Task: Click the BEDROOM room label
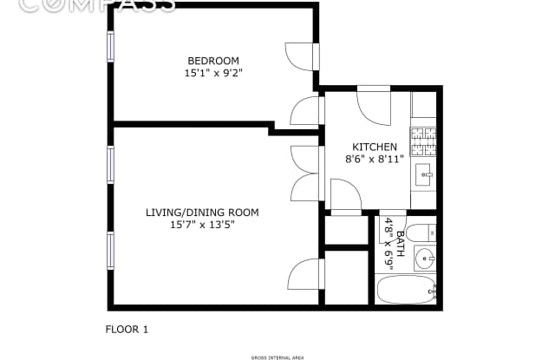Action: pyautogui.click(x=212, y=61)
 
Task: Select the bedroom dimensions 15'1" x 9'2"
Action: pyautogui.click(x=212, y=74)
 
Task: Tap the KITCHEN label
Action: pyautogui.click(x=375, y=147)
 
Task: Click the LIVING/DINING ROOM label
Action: pyautogui.click(x=201, y=213)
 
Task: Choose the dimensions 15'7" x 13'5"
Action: pyautogui.click(x=201, y=225)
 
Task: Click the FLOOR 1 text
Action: pyautogui.click(x=127, y=330)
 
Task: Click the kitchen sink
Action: pyautogui.click(x=424, y=172)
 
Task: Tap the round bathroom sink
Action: pyautogui.click(x=424, y=259)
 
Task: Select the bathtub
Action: pyautogui.click(x=406, y=290)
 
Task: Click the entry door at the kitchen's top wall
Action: pyautogui.click(x=375, y=104)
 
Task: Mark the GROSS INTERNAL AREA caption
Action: pyautogui.click(x=277, y=355)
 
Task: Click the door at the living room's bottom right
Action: pyautogui.click(x=306, y=275)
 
